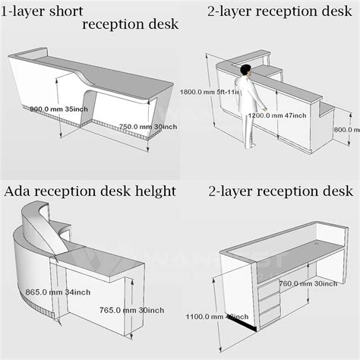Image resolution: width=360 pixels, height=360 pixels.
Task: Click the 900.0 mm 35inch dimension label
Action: coord(59,109)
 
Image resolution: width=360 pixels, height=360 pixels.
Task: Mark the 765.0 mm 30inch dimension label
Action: coord(131,310)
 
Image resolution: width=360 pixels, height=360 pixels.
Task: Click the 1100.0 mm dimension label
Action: coord(214,316)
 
